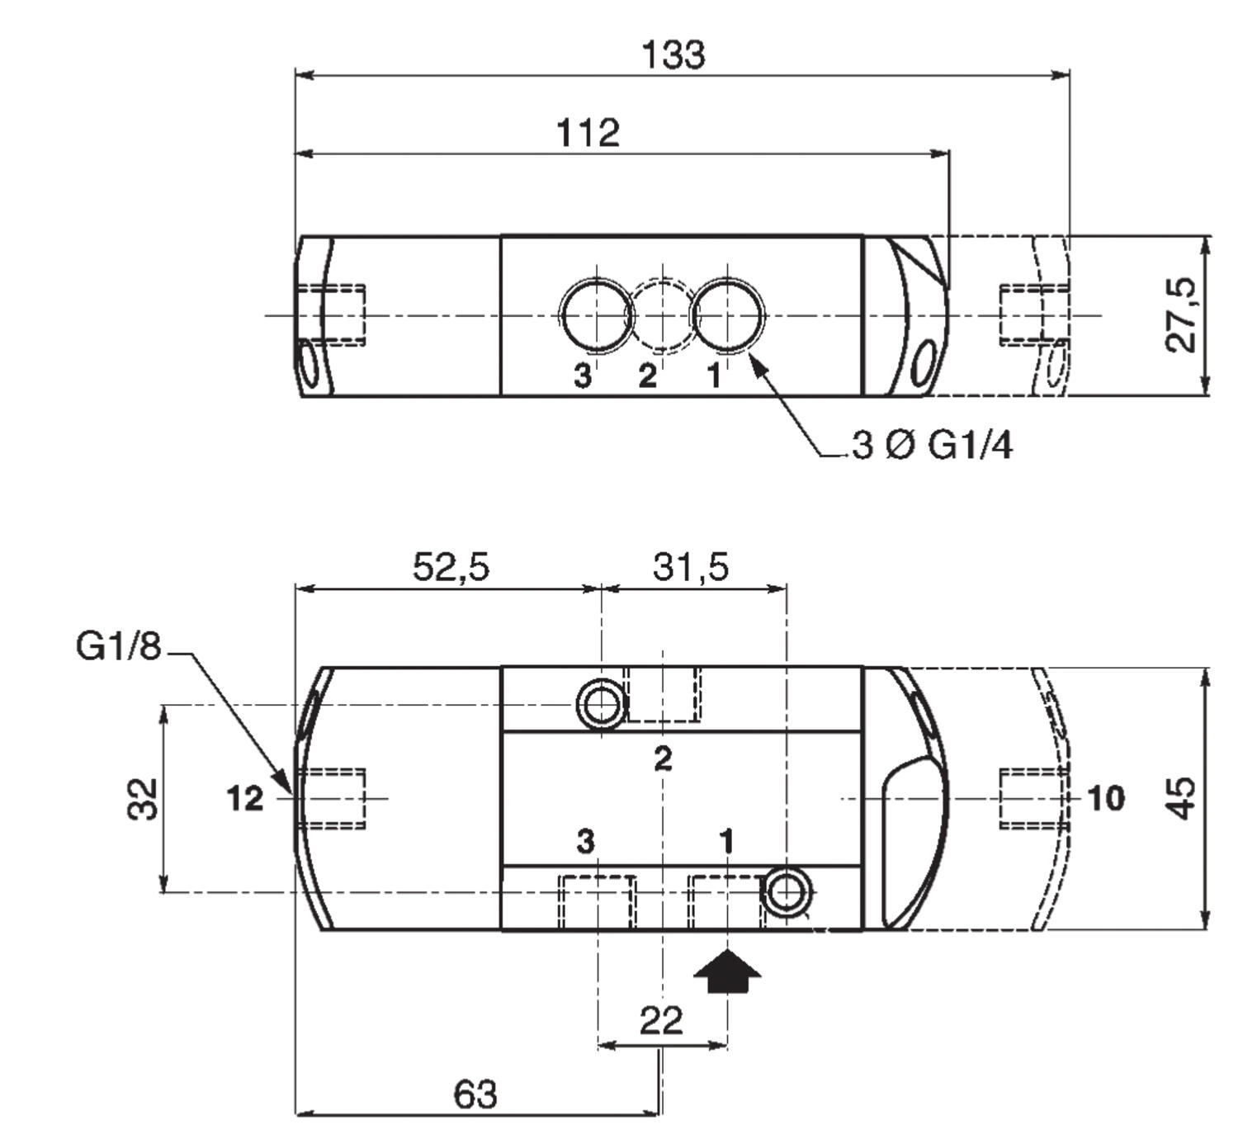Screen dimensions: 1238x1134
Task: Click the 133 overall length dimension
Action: [673, 54]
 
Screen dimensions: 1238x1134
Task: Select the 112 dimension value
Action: [588, 132]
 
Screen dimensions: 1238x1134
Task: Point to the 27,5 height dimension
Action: [1180, 315]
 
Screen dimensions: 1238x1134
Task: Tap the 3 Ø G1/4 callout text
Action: [932, 445]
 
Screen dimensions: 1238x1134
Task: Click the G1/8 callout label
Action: [119, 646]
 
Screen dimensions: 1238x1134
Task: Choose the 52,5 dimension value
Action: [451, 566]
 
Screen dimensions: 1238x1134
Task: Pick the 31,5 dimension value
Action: [691, 566]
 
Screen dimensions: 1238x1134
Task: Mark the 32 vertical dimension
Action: [143, 799]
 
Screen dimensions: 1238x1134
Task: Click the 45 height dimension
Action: [1181, 798]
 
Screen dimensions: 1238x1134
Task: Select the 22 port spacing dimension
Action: [662, 1020]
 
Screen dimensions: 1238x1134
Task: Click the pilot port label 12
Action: [245, 799]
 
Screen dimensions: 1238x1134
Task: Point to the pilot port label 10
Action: [1106, 798]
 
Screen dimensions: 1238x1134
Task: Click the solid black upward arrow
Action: [728, 971]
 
